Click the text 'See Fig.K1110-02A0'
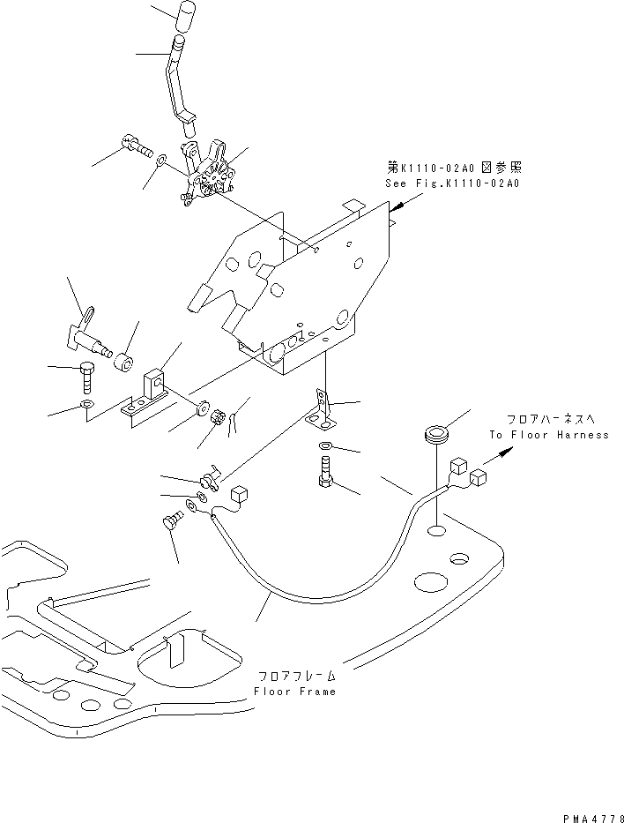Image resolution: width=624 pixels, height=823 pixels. pyautogui.click(x=452, y=183)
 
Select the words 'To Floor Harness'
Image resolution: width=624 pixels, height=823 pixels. pyautogui.click(x=549, y=435)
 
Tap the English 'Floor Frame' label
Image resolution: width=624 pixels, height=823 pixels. pyautogui.click(x=294, y=692)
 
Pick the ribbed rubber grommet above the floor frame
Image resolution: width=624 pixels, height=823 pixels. pyautogui.click(x=436, y=434)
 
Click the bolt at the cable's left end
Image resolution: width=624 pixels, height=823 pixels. pyautogui.click(x=170, y=524)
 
